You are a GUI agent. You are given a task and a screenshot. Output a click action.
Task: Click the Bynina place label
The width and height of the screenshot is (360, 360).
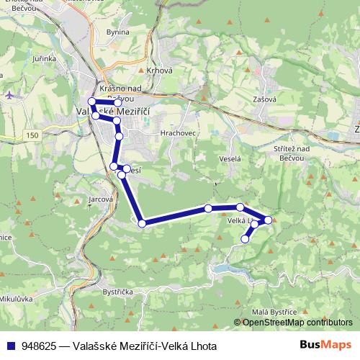pos(117,32)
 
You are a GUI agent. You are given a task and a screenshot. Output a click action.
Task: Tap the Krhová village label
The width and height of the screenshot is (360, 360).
pos(158,71)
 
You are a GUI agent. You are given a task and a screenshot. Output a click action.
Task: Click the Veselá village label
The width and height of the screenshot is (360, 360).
pos(229,158)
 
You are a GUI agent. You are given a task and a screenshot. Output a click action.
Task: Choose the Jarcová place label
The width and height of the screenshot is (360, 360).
pos(101,199)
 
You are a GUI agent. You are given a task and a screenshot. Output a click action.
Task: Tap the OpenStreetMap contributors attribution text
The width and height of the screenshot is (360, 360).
pos(297,322)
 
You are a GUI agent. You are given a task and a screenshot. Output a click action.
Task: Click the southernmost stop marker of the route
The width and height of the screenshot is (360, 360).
pos(246,238)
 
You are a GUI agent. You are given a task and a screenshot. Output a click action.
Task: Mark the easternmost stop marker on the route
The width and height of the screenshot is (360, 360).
pos(269,220)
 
